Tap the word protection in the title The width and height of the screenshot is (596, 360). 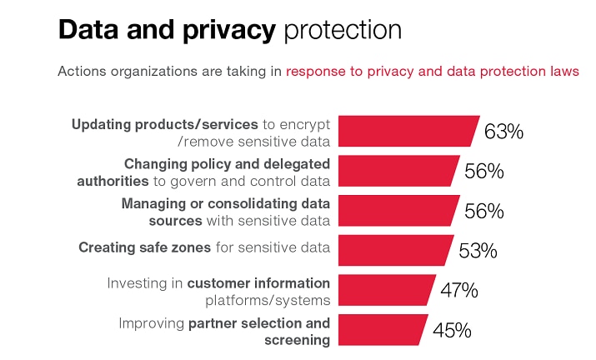pos(343,32)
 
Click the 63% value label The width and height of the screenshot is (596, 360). pos(503,132)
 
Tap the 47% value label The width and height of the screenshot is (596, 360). pos(458,291)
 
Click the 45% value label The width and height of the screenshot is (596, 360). pos(452,331)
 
